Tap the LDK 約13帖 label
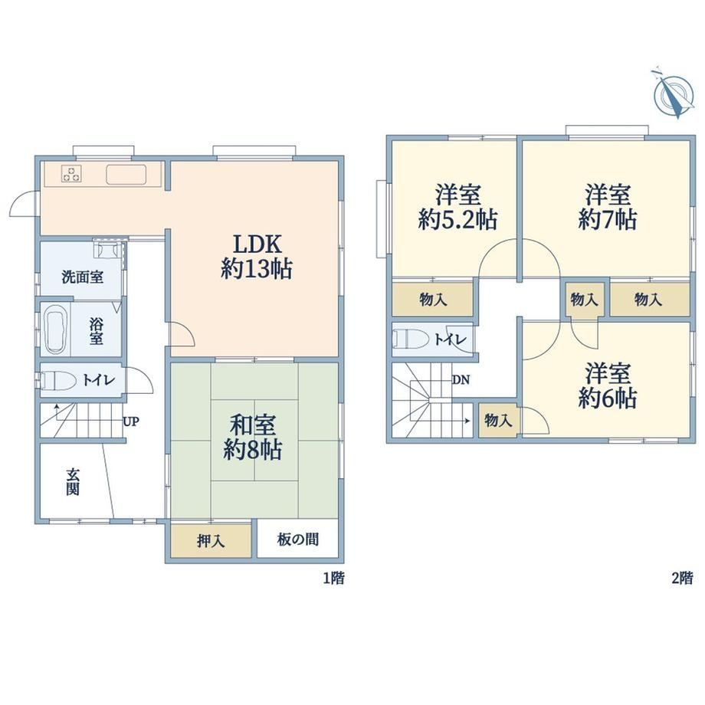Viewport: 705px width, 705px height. pyautogui.click(x=257, y=257)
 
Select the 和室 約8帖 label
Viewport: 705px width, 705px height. pyautogui.click(x=253, y=437)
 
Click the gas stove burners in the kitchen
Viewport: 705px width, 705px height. pyautogui.click(x=71, y=174)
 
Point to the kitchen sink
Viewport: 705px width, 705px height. pyautogui.click(x=126, y=175)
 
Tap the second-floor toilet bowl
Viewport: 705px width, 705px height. pyautogui.click(x=411, y=339)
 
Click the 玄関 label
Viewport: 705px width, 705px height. pyautogui.click(x=73, y=481)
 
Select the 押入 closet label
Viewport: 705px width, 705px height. pyautogui.click(x=211, y=540)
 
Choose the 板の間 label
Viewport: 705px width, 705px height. pyautogui.click(x=298, y=539)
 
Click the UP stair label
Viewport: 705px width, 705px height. pyautogui.click(x=131, y=421)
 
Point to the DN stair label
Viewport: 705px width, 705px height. pyautogui.click(x=461, y=380)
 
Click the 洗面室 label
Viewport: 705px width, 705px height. pyautogui.click(x=83, y=277)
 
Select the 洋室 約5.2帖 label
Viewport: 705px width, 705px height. pyautogui.click(x=457, y=207)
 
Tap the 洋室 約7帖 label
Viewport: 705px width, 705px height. pyautogui.click(x=608, y=207)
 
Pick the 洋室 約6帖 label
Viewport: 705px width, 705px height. pyautogui.click(x=608, y=385)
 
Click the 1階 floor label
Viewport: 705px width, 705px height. pyautogui.click(x=334, y=578)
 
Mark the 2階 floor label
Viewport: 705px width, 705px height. pyautogui.click(x=682, y=578)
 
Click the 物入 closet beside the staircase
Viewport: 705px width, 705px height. pyautogui.click(x=498, y=421)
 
